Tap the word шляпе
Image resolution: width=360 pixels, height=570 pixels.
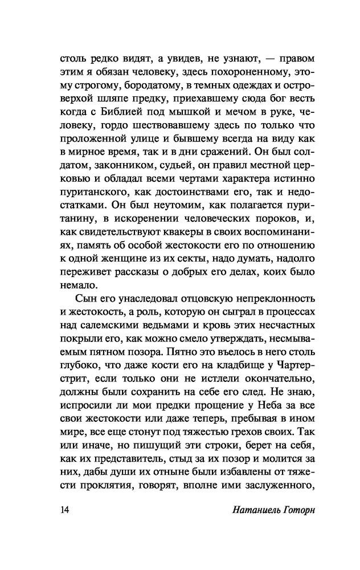click(106, 101)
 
